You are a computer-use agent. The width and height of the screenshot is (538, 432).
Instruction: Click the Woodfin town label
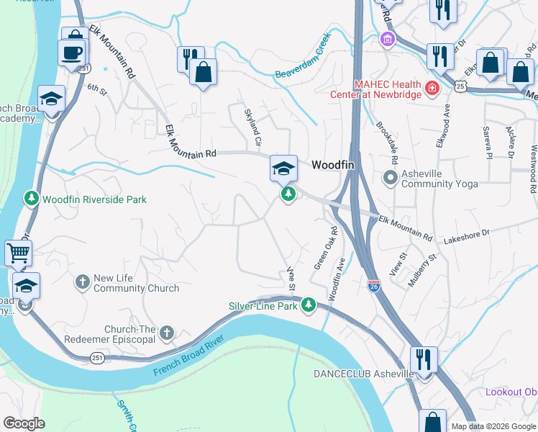pos(333,165)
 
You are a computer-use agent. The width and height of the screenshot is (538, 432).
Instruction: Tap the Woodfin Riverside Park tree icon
pos(32,198)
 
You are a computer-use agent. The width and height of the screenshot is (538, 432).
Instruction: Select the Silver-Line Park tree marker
pos(309,306)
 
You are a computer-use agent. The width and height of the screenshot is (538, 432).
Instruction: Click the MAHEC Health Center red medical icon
pos(432,89)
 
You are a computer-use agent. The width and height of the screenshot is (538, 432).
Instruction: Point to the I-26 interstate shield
pos(373,286)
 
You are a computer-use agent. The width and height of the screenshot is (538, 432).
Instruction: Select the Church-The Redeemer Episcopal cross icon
pos(167,333)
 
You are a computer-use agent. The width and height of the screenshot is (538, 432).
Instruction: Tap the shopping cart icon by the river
pos(18,253)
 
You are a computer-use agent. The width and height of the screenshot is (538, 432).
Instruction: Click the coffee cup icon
pos(72,52)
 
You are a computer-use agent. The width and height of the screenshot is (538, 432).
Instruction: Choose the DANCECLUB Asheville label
pos(363,374)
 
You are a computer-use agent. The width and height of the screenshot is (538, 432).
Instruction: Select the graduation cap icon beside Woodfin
pos(283,168)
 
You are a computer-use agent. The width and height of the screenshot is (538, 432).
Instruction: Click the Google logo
pos(24,423)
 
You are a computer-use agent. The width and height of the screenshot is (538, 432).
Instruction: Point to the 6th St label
pos(96,90)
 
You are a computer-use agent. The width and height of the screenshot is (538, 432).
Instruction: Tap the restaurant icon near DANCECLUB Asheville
pos(424,359)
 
